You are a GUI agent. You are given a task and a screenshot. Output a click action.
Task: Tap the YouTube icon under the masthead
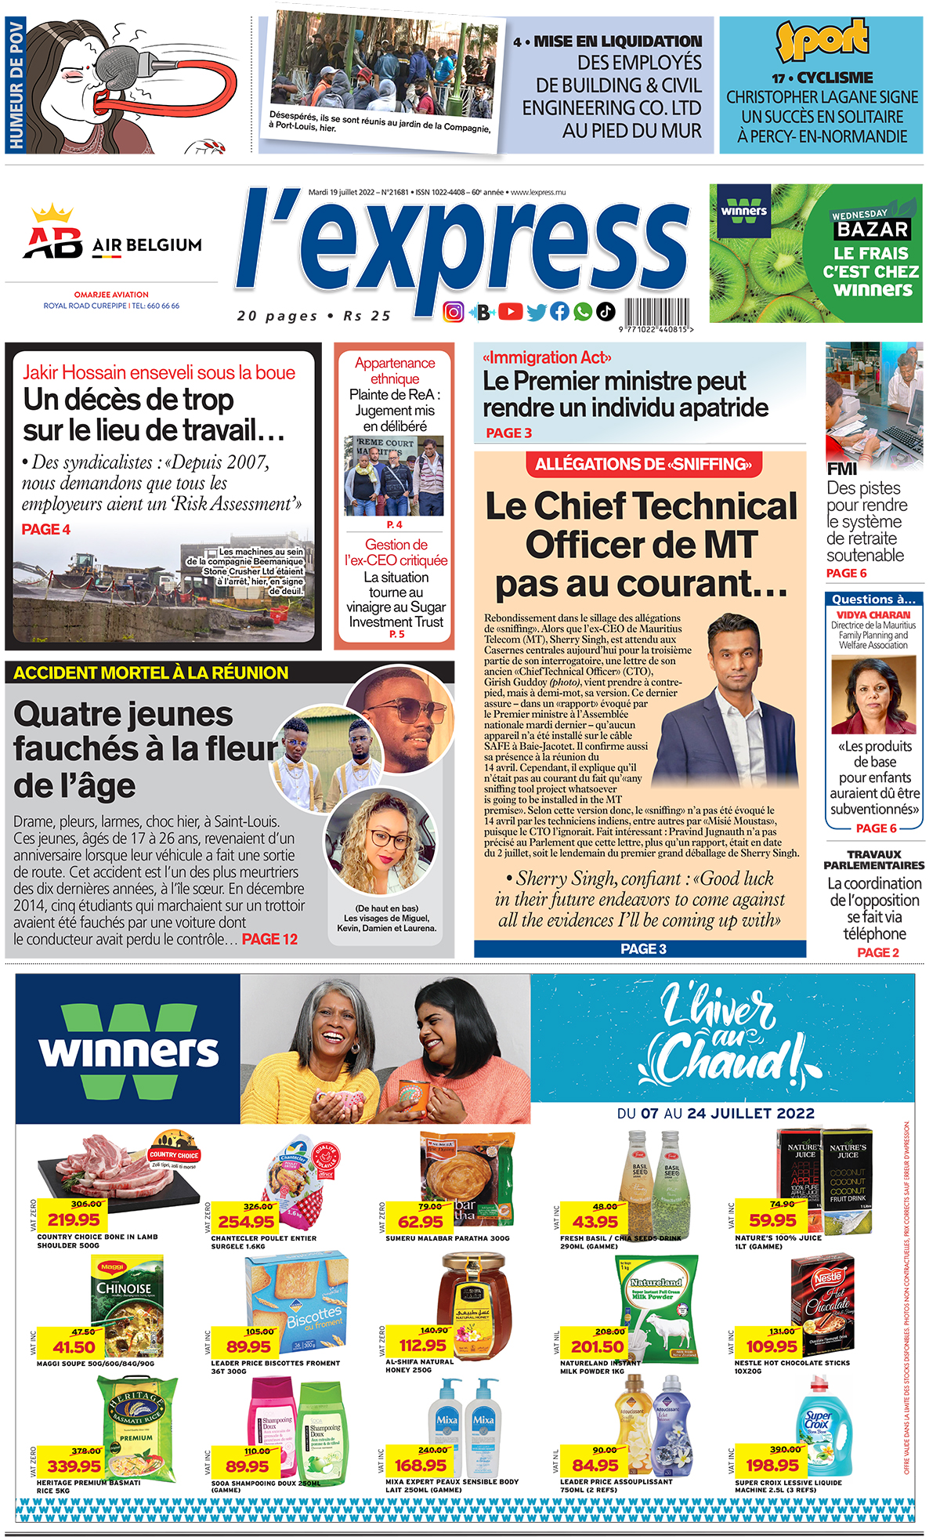pos(510,312)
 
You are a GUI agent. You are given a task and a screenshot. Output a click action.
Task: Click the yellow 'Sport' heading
pos(822,40)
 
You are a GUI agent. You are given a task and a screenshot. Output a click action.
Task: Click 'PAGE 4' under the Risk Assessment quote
pos(46,530)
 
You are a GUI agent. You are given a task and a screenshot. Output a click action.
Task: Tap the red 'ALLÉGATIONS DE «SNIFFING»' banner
pos(643,465)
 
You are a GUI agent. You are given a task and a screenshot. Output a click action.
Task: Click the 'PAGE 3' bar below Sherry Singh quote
pos(642,949)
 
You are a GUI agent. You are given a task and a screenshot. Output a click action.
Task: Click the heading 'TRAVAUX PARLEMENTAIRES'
pos(874,860)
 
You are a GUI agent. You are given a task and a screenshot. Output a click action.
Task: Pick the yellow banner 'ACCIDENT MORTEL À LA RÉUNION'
pos(151,672)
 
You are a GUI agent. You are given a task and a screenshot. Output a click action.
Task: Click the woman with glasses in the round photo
pos(381,843)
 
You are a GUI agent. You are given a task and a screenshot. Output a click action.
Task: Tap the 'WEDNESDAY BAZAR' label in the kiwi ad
pos(871,224)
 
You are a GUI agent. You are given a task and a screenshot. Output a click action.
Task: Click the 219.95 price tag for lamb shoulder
pos(74,1219)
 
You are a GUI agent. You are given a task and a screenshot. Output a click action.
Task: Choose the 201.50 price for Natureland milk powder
pos(597,1346)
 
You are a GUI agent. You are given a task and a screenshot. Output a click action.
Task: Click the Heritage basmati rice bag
pos(138,1425)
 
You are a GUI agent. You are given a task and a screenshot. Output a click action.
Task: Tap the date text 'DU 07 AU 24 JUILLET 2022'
pos(715,1114)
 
